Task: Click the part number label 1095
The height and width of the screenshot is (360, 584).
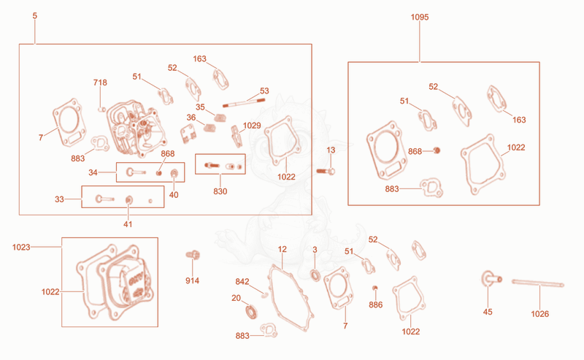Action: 419,17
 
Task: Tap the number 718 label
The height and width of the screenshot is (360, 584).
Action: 100,83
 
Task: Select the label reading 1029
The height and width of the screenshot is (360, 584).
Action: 252,126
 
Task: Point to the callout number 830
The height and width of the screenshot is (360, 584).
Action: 220,191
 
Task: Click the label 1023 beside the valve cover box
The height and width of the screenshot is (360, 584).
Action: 21,247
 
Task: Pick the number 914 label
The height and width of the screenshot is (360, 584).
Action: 192,280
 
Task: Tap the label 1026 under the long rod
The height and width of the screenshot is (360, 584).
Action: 539,314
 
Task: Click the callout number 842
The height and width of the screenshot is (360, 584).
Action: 242,281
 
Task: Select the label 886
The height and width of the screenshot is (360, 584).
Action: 375,305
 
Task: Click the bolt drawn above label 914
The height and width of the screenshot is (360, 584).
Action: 193,255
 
